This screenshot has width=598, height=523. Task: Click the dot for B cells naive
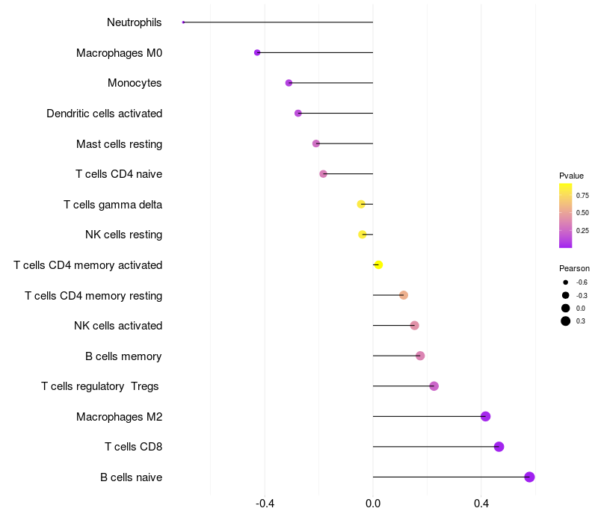(529, 477)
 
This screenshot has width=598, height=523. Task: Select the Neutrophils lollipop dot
(183, 22)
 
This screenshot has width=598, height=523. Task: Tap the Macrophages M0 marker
(257, 53)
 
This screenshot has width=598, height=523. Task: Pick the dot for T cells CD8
(499, 447)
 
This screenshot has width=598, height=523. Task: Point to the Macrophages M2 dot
(485, 416)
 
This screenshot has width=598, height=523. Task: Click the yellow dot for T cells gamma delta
(361, 204)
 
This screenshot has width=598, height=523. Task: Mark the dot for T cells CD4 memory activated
(378, 265)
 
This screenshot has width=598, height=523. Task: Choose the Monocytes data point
(289, 83)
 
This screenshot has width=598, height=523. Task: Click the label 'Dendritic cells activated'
(104, 114)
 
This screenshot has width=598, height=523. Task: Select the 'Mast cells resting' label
(119, 143)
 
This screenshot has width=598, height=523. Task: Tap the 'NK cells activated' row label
(118, 326)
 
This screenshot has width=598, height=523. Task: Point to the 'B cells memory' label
(123, 356)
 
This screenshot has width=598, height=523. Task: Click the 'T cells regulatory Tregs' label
(100, 386)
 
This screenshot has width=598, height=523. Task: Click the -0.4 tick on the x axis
(265, 504)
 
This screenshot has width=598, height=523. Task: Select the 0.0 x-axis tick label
(373, 504)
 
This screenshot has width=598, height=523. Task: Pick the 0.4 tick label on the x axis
(481, 504)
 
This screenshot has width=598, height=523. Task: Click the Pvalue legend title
(571, 176)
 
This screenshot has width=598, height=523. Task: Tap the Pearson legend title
(574, 268)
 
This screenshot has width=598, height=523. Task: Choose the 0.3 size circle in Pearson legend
(566, 321)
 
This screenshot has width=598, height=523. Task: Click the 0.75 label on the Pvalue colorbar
(582, 195)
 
